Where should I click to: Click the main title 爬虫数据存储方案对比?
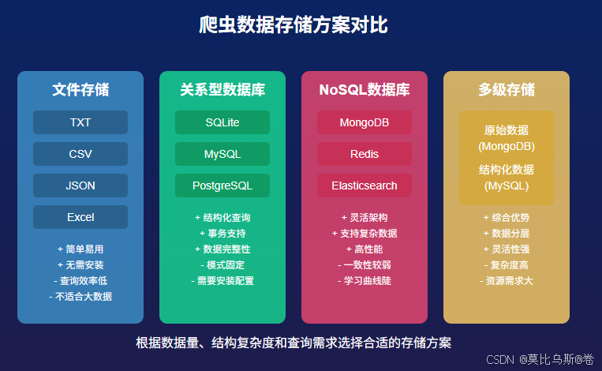click(x=294, y=25)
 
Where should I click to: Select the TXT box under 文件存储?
click(x=80, y=122)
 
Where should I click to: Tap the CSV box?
click(x=80, y=154)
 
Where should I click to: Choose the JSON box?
click(x=80, y=185)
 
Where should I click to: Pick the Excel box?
click(x=80, y=217)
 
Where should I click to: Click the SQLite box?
click(x=222, y=122)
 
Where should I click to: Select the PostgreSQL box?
click(x=222, y=185)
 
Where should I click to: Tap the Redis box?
click(x=365, y=154)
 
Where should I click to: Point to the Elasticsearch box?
click(x=365, y=185)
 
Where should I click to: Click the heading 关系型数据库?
click(x=222, y=89)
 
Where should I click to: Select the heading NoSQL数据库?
click(x=365, y=89)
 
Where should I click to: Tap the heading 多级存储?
click(x=507, y=89)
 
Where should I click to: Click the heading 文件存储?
click(x=80, y=89)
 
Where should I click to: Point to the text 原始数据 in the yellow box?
click(x=507, y=130)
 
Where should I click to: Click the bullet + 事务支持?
click(x=222, y=233)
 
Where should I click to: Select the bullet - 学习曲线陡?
click(x=365, y=281)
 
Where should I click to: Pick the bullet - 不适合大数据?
click(x=80, y=297)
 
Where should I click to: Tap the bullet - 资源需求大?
click(x=507, y=281)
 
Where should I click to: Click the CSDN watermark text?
click(x=540, y=359)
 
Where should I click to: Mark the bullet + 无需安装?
click(x=80, y=265)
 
